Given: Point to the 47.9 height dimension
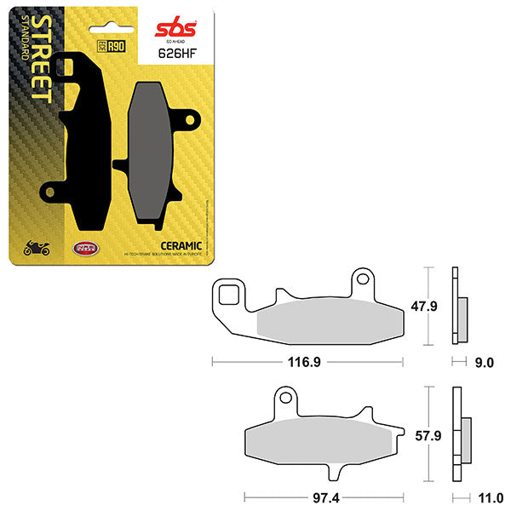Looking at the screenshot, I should coord(436,306).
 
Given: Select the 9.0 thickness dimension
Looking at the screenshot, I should coord(485,362).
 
